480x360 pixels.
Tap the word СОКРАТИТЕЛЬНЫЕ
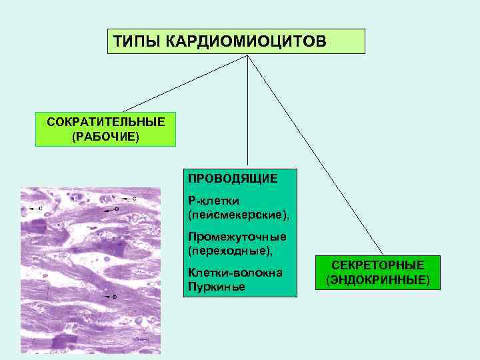point(106,123)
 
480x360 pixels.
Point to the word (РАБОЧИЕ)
point(105,137)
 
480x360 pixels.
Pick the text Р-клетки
point(213,201)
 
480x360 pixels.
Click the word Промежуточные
point(237,237)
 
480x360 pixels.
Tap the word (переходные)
point(231,251)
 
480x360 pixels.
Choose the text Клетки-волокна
point(235,273)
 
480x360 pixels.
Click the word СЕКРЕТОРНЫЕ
point(377,265)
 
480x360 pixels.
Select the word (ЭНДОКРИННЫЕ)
point(377,279)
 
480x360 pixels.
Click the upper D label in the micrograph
point(115,209)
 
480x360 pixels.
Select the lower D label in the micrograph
point(114,295)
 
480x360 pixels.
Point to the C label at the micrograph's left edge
point(39,209)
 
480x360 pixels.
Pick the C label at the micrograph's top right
point(134,199)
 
